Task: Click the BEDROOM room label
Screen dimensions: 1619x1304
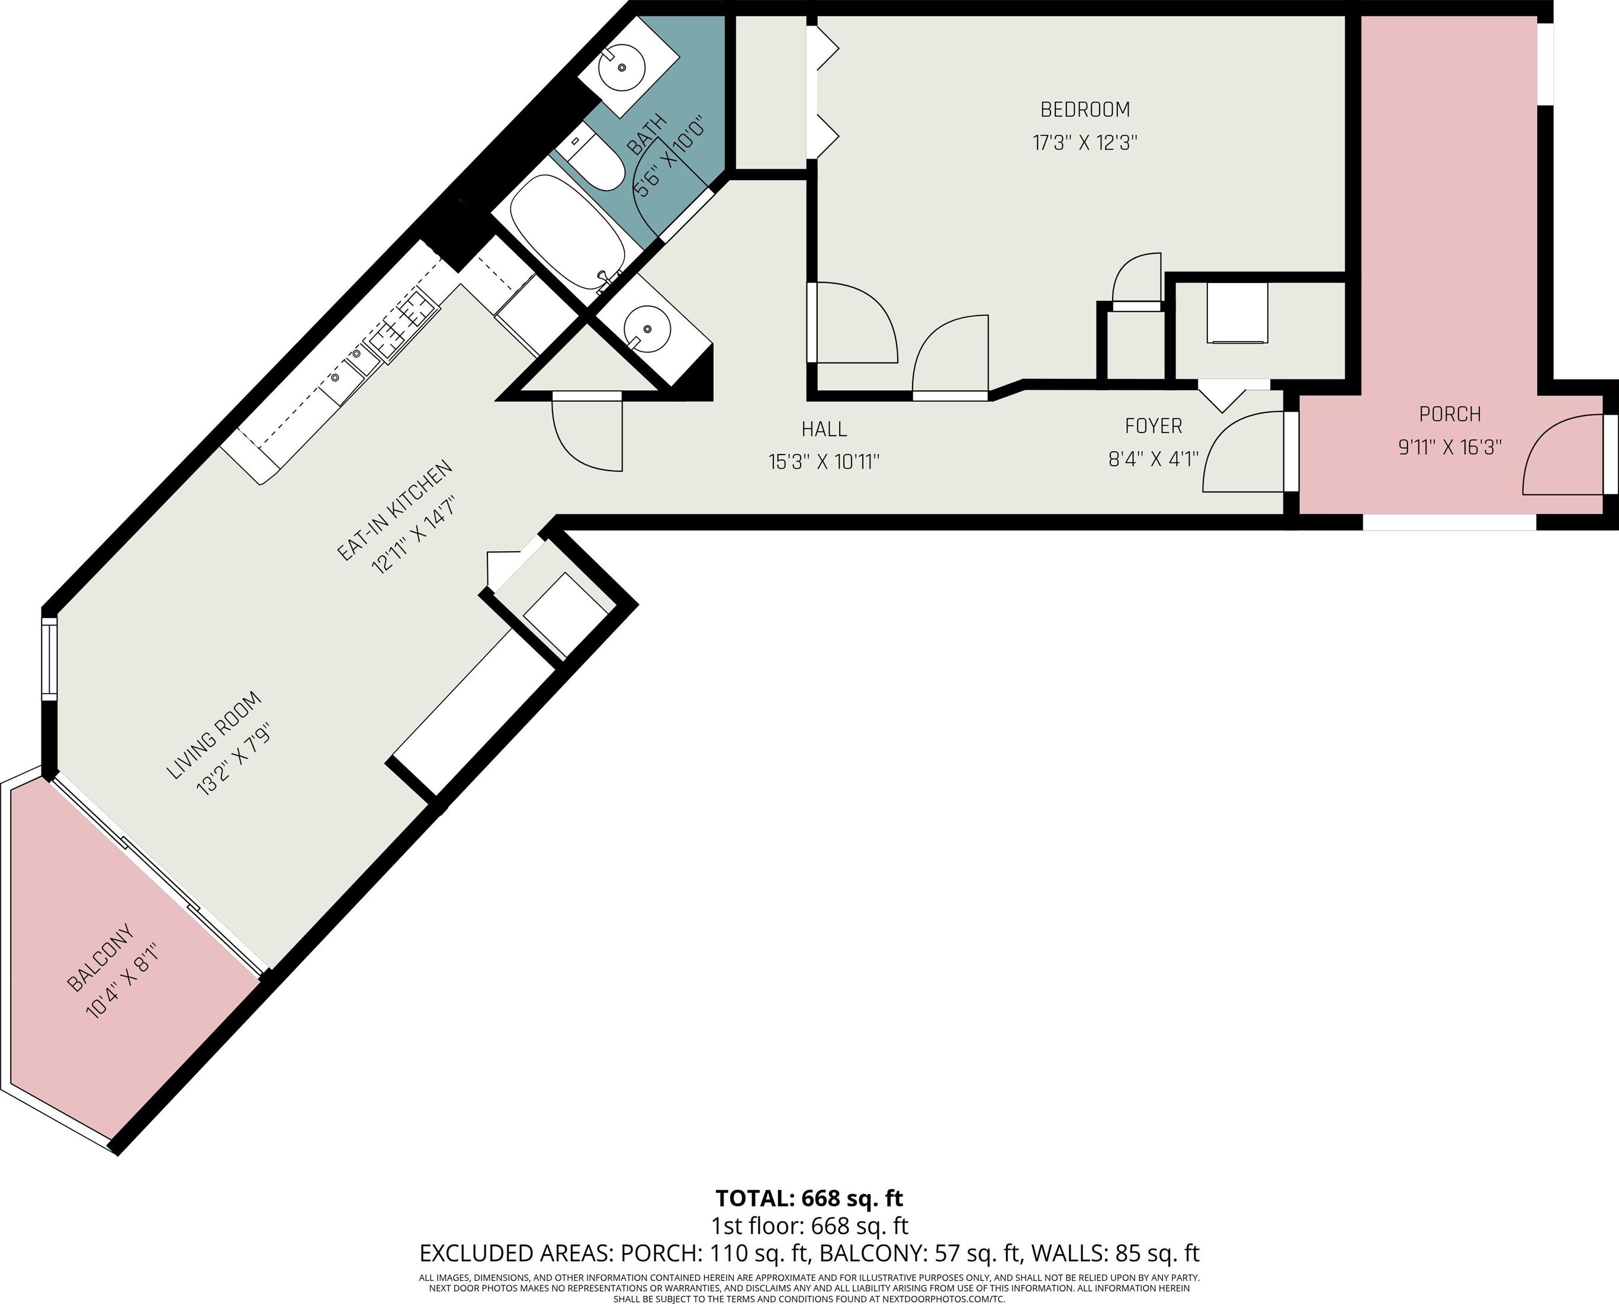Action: (x=1085, y=110)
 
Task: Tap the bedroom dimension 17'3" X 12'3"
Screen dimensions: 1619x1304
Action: (x=1085, y=143)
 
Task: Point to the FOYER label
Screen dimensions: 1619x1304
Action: (x=1153, y=426)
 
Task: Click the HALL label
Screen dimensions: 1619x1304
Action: (x=824, y=429)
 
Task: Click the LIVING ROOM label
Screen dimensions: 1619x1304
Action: (x=213, y=735)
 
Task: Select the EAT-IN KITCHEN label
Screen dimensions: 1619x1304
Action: (x=394, y=510)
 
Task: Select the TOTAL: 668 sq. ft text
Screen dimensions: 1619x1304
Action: (x=809, y=1197)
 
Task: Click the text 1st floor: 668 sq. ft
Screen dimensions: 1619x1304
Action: (x=809, y=1226)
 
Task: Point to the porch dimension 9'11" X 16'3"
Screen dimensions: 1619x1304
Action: (x=1449, y=447)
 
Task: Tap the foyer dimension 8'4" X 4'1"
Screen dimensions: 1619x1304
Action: (x=1153, y=458)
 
